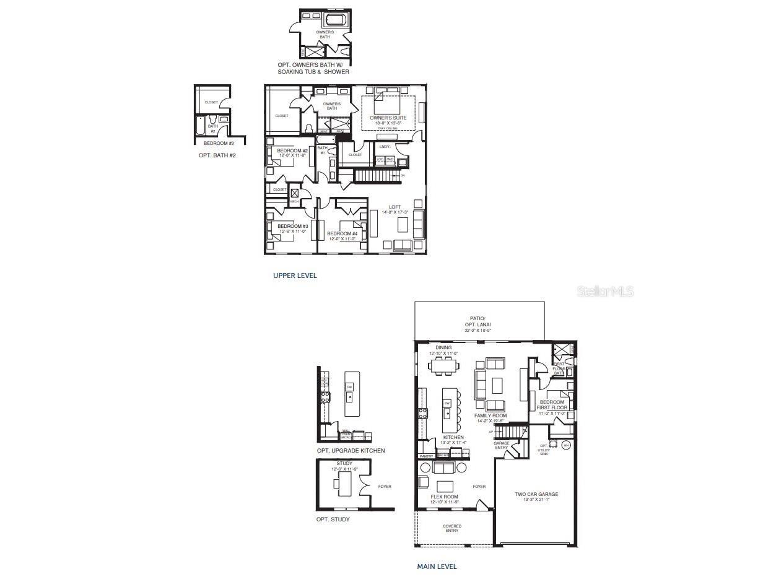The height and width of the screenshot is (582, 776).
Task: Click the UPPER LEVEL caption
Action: pos(295,276)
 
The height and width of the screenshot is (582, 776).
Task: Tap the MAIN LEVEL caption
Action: pos(437,566)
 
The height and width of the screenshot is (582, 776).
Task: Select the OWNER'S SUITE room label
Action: pos(388,118)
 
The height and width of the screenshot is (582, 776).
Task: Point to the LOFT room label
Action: pos(395,207)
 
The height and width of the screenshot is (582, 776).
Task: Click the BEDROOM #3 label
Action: pos(292,227)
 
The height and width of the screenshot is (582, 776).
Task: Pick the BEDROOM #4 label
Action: pos(342,233)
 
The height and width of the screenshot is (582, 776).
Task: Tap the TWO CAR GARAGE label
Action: pos(536,494)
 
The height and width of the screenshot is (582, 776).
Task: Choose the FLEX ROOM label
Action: pos(444,497)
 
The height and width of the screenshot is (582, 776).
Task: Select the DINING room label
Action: pos(443,348)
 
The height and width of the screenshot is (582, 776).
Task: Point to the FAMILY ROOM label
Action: pos(490,415)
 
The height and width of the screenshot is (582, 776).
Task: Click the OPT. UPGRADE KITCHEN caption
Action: pos(351,451)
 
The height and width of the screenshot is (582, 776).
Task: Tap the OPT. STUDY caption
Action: pos(333,519)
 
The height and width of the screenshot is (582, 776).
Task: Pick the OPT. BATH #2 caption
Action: pos(217,155)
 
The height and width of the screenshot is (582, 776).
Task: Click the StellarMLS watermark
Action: pos(605,291)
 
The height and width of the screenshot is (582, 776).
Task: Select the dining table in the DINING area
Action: pos(444,367)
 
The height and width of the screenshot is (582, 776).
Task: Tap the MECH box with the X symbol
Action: pos(295,194)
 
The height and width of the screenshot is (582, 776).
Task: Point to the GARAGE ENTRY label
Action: pos(501,445)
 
